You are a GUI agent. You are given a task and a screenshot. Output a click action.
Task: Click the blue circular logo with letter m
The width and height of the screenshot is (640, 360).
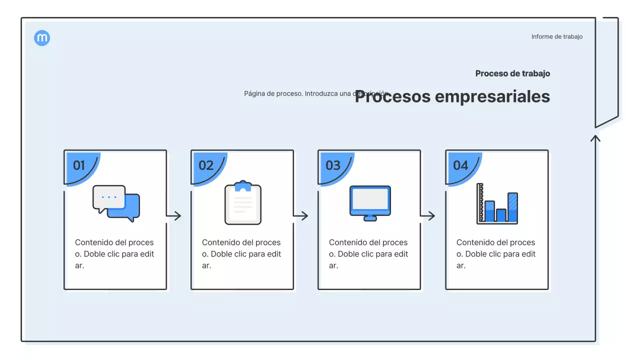(x=42, y=38)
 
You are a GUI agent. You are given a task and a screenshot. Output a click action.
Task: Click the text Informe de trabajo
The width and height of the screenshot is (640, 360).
(x=556, y=36)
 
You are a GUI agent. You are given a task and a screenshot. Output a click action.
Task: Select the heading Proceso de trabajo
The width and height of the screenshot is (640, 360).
(x=512, y=73)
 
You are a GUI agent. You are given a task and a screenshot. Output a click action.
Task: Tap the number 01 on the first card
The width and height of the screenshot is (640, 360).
(x=79, y=165)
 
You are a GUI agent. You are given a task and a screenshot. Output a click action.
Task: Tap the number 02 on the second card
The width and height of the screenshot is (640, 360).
(x=206, y=165)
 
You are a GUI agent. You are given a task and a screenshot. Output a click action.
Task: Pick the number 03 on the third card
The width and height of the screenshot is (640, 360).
(x=333, y=165)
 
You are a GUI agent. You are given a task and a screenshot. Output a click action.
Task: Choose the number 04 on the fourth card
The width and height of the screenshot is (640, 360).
(x=460, y=165)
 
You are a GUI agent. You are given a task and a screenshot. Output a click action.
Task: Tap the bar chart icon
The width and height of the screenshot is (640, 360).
(x=497, y=203)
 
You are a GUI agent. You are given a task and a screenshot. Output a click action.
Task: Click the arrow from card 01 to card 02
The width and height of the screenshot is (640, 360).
(x=174, y=216)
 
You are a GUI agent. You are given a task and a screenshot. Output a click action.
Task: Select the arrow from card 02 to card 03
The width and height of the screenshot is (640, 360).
(x=301, y=216)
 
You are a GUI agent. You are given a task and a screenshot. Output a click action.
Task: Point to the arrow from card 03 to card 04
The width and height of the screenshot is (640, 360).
(x=428, y=216)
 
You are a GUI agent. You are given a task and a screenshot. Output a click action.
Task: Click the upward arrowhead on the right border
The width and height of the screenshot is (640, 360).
(x=595, y=138)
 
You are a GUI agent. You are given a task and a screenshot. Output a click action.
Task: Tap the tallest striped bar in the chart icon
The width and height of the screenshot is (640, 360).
(x=512, y=207)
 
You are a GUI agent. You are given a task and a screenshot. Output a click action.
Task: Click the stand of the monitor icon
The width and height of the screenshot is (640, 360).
(x=370, y=217)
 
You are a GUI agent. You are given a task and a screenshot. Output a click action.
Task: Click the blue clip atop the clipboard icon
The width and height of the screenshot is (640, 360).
(x=243, y=185)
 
